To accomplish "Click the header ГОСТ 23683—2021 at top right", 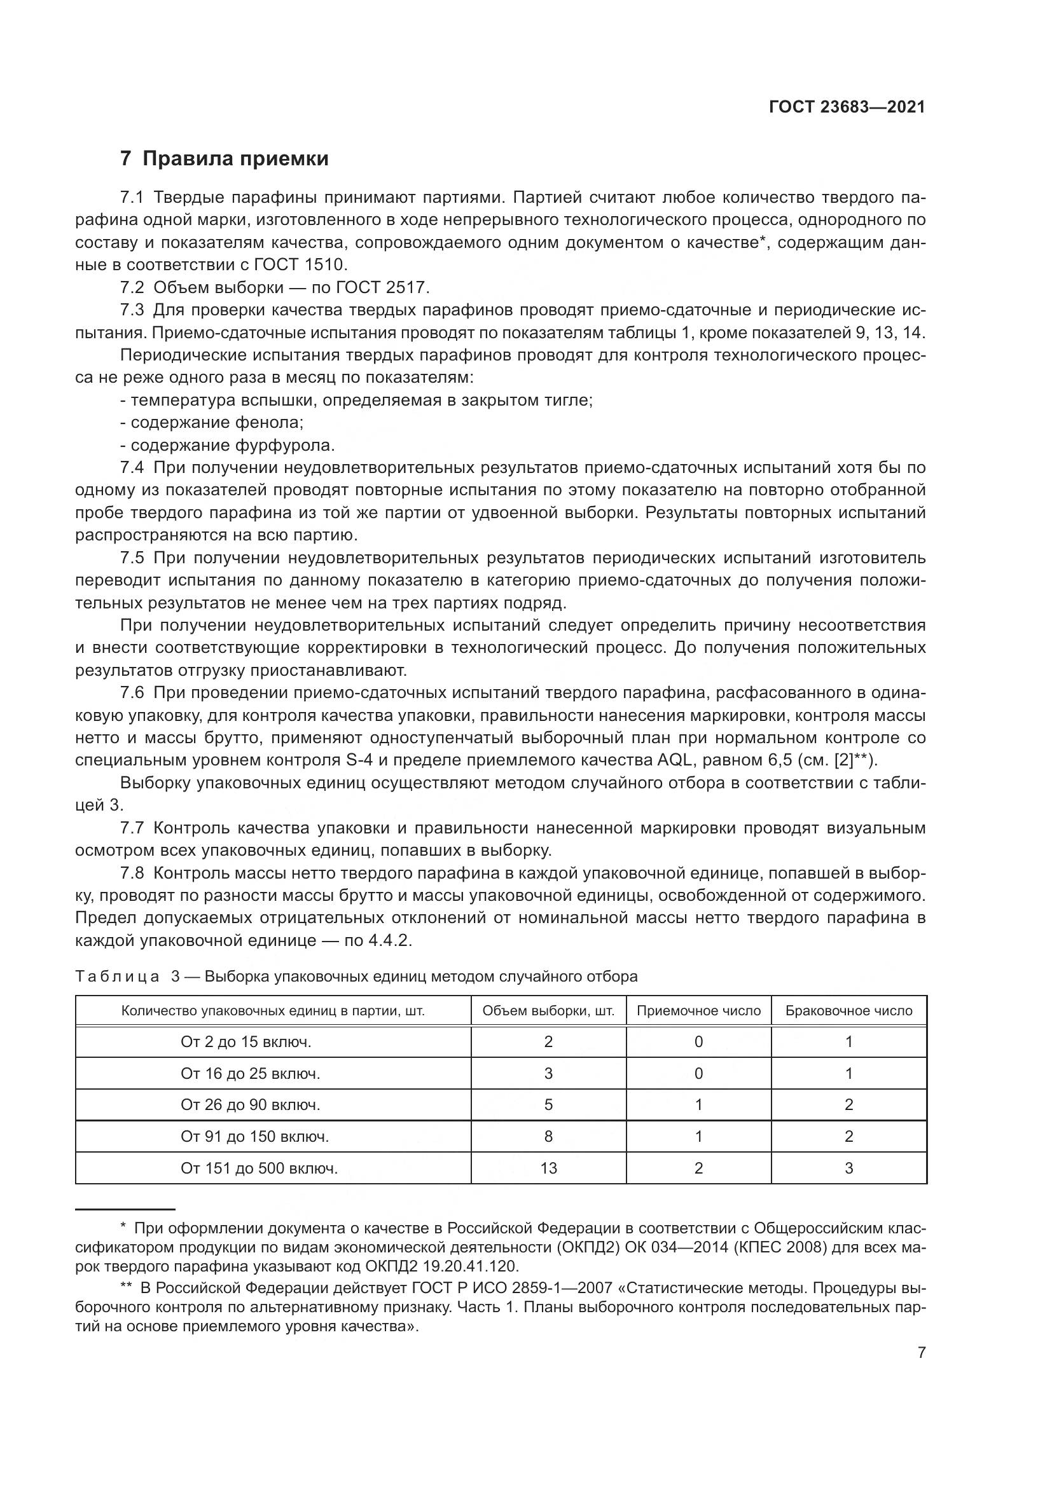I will (x=847, y=107).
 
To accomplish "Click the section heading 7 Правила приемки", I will (x=224, y=159).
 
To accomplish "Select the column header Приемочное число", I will (x=698, y=1010).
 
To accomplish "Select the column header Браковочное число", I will (x=848, y=1010).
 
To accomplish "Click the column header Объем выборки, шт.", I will (x=548, y=1010).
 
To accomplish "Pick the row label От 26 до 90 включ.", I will (x=251, y=1104).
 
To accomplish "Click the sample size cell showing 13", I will (x=548, y=1168).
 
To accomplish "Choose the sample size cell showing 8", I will (x=548, y=1136).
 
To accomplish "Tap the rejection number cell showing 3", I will (x=848, y=1168).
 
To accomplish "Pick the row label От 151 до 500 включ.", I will (x=259, y=1168).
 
